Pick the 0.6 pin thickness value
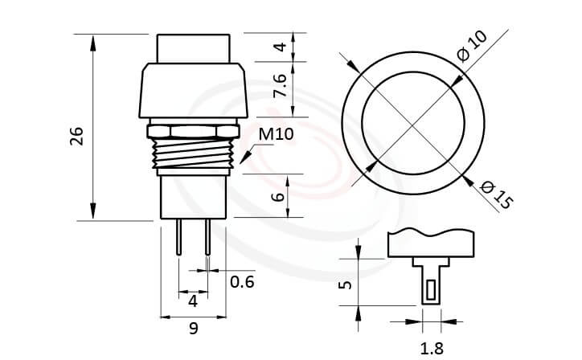242,281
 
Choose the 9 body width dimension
193,327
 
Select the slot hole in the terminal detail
432,288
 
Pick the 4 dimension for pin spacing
193,301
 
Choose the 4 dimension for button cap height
279,46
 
